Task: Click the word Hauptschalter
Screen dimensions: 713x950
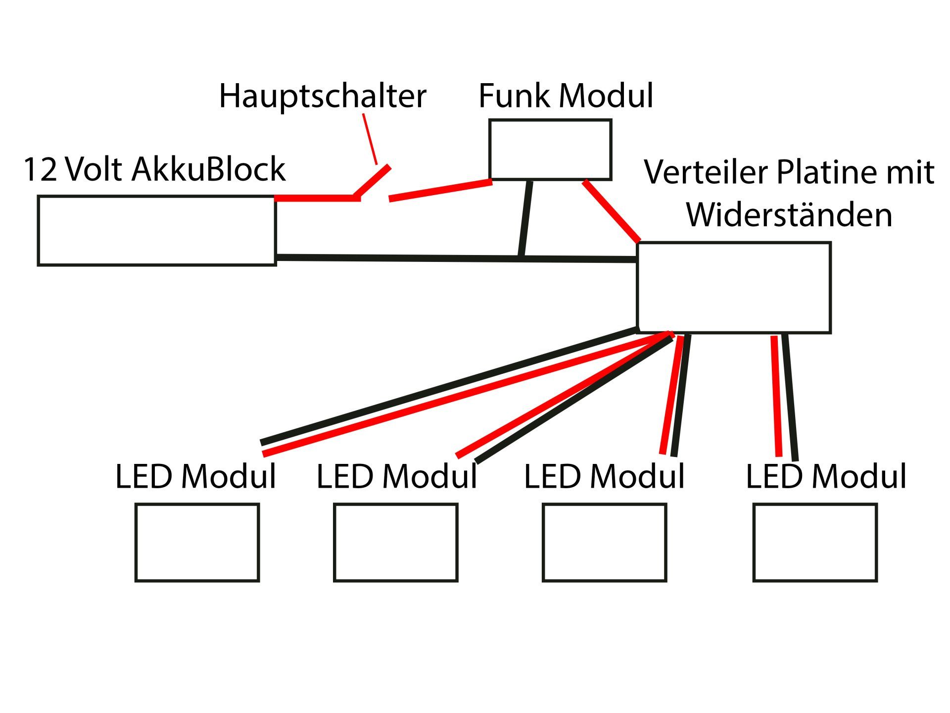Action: [322, 96]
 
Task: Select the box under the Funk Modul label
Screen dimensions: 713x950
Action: [550, 150]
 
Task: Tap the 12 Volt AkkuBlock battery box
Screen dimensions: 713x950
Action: [157, 231]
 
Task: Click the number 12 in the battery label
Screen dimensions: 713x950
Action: [40, 169]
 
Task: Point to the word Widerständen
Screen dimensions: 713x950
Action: [789, 215]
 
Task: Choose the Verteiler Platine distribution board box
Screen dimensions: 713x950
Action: [734, 288]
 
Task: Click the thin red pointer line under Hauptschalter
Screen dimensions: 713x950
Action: [370, 139]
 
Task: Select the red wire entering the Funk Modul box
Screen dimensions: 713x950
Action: [440, 191]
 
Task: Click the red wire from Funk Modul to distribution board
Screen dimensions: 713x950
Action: [612, 211]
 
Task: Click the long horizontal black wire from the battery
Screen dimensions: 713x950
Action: [396, 258]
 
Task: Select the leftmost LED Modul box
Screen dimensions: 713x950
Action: [197, 542]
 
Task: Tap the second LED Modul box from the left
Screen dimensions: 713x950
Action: [396, 542]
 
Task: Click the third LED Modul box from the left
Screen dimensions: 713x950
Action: [605, 542]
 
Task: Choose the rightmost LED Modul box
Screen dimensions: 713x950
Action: [815, 542]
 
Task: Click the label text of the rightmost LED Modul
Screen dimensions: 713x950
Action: [826, 477]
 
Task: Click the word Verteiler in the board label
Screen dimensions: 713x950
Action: [707, 172]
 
